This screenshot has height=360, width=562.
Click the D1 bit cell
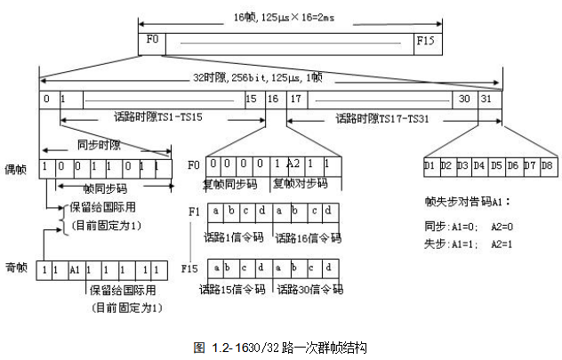[430, 165]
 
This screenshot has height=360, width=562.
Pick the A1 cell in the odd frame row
[76, 268]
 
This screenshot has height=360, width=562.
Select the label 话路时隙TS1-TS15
[158, 116]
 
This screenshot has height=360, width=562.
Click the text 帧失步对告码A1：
[465, 203]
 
